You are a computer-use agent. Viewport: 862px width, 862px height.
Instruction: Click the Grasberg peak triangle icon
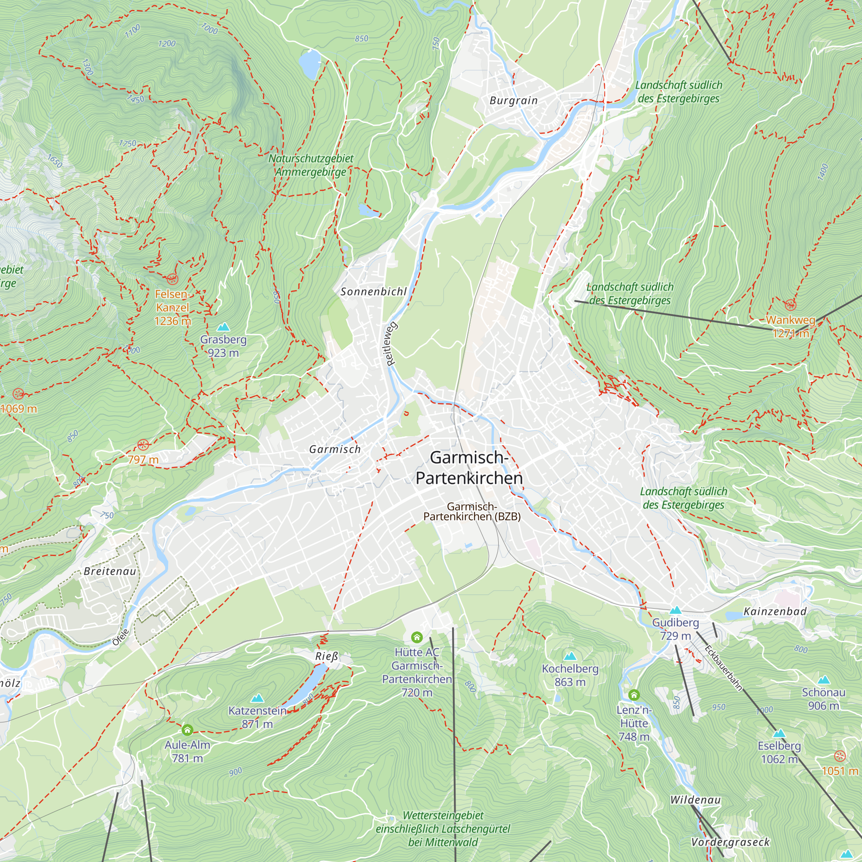[223, 327]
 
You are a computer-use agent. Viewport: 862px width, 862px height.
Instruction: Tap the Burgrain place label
[514, 100]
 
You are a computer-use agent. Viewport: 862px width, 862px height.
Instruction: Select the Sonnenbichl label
[373, 292]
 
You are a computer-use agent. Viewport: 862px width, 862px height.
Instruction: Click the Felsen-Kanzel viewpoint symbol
[172, 279]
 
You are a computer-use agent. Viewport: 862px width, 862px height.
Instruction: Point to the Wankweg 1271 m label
[790, 327]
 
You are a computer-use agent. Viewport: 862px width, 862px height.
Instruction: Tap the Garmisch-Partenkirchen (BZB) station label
[472, 511]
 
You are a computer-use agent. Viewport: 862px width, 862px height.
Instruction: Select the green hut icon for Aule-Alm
[187, 730]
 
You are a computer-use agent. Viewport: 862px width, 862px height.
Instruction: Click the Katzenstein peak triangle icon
[257, 698]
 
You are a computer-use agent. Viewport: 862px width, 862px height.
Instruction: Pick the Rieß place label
[327, 656]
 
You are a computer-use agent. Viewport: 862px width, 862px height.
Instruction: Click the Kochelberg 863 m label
[570, 675]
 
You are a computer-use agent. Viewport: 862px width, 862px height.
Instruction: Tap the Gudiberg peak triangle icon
[675, 610]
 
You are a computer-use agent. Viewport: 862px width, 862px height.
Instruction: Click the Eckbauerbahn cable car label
[723, 668]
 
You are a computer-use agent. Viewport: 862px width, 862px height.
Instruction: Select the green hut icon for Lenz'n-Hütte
[634, 695]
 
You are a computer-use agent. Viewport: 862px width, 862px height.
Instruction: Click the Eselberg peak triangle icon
[779, 733]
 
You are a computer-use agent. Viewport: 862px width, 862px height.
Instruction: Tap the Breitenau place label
[110, 572]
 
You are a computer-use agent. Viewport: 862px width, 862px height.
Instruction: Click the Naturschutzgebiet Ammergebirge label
[311, 165]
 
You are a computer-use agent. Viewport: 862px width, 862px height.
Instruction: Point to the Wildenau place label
[695, 800]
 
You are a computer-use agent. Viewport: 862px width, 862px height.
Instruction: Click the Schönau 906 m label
[824, 699]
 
